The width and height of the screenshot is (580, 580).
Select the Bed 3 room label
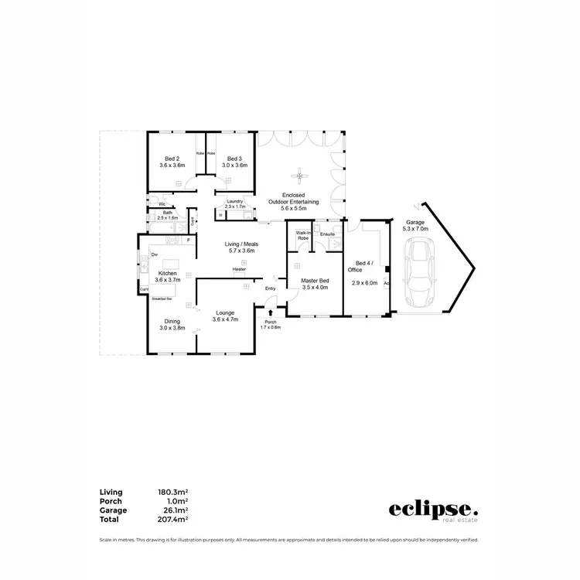[x=235, y=158]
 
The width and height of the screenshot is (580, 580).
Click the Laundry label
[x=235, y=201]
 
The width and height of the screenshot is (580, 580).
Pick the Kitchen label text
[x=168, y=274]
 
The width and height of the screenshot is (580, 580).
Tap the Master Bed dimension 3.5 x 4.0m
[x=314, y=288]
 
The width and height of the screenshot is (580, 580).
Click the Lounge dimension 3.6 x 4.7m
[x=225, y=319]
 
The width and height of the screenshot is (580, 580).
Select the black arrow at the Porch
[x=270, y=313]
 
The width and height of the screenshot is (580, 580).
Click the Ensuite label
[x=327, y=233]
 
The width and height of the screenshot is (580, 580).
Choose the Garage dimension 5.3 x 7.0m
[x=415, y=228]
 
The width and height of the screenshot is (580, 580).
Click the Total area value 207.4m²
[x=174, y=519]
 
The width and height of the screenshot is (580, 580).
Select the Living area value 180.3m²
[x=174, y=492]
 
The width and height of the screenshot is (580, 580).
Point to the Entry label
[x=270, y=288]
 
